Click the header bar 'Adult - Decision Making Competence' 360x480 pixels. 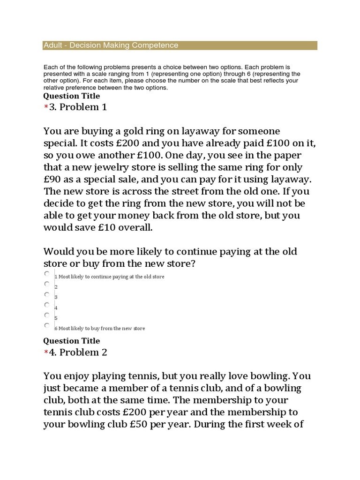tap(180, 45)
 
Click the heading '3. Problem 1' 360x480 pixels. tap(78, 107)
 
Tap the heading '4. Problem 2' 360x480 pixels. tap(78, 352)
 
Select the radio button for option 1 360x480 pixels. tap(47, 273)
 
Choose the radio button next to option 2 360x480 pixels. tap(47, 284)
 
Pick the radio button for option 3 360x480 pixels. tap(47, 294)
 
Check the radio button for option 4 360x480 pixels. tap(47, 305)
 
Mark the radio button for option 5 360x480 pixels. tap(47, 315)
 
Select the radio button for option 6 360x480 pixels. tap(47, 325)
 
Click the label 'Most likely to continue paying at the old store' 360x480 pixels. tap(112, 277)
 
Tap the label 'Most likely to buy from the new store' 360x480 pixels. tap(102, 329)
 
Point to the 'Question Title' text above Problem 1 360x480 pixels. tap(71, 96)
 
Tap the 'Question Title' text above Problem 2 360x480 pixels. tap(71, 341)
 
